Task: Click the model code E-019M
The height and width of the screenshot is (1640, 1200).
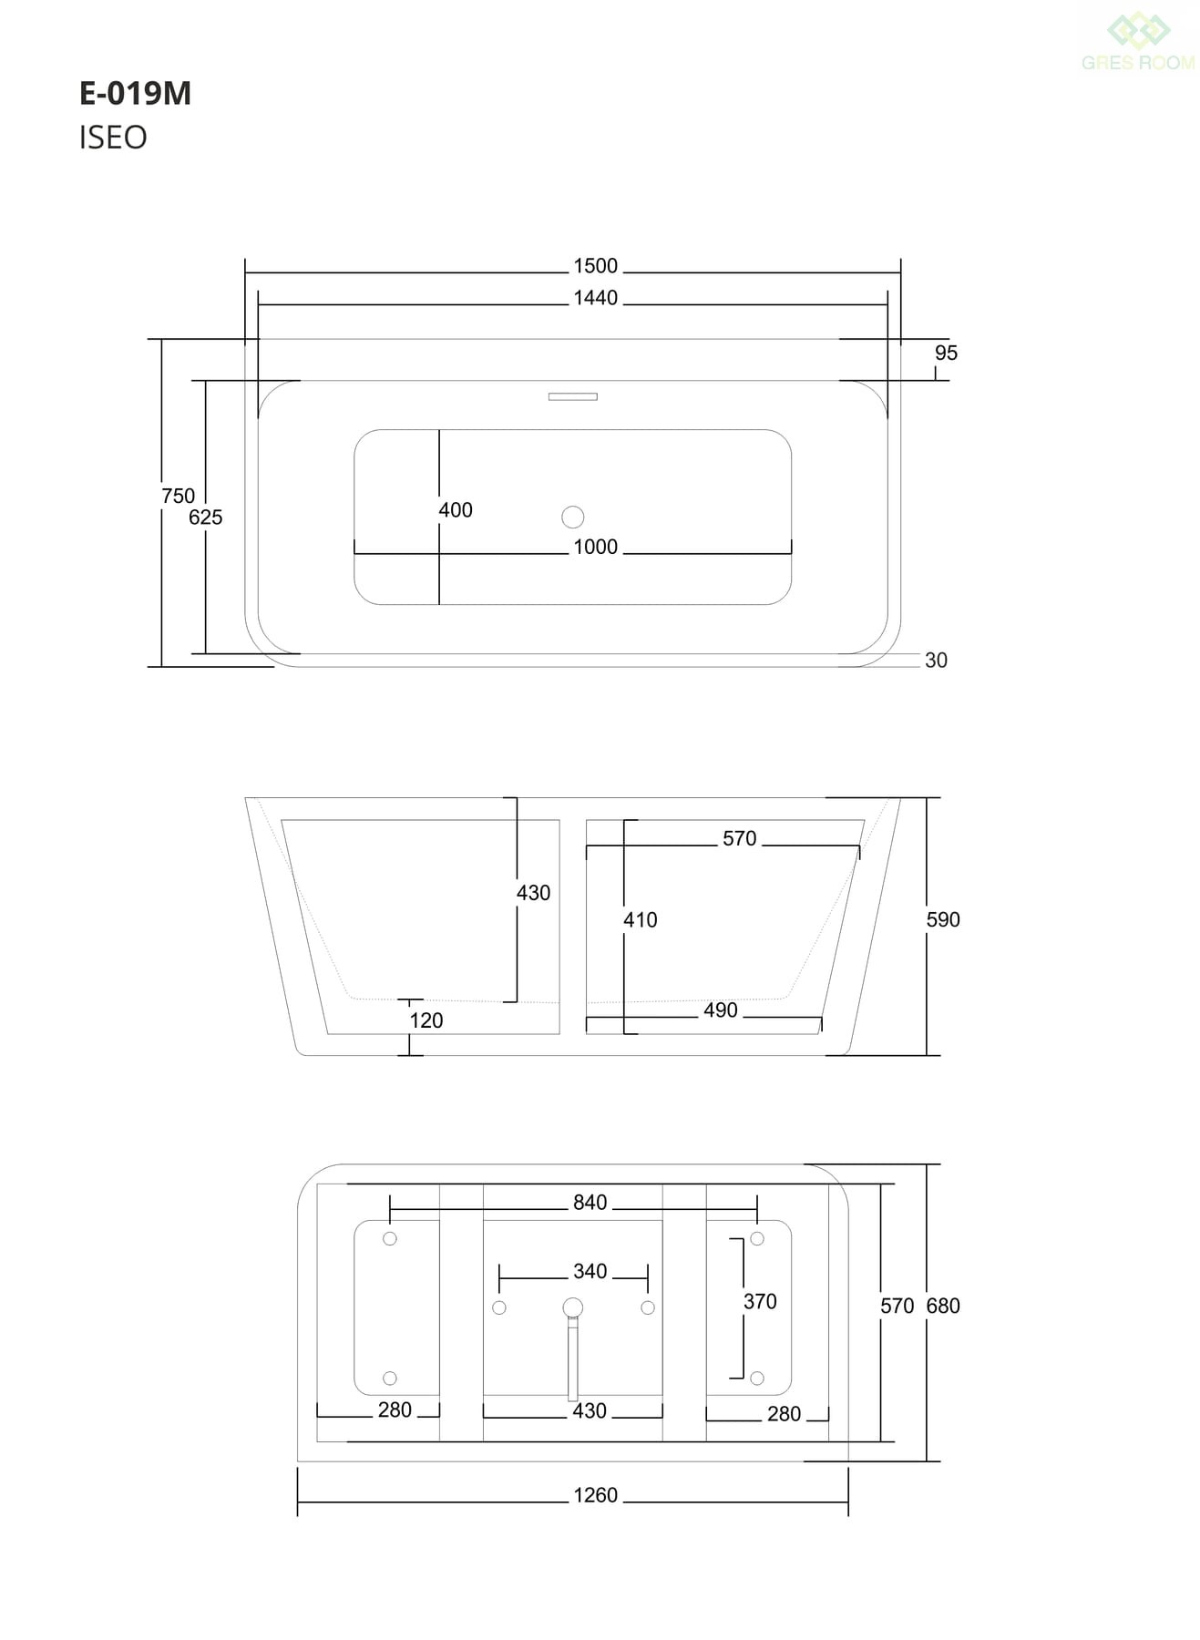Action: [x=135, y=94]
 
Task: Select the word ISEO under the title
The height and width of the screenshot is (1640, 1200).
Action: [x=113, y=138]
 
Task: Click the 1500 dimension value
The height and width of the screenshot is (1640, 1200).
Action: [x=596, y=266]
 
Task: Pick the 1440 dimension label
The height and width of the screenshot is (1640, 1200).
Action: [x=596, y=298]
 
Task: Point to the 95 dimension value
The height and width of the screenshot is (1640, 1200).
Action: [x=946, y=353]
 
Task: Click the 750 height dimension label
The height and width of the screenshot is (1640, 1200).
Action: [x=178, y=496]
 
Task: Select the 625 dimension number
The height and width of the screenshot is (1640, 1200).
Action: [x=205, y=518]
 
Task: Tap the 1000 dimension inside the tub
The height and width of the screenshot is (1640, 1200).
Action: [x=596, y=547]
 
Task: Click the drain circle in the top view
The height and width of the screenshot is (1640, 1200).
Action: [x=573, y=518]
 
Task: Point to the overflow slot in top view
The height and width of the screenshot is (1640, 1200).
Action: [x=573, y=396]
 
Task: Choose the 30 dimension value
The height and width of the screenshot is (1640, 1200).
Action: [x=936, y=661]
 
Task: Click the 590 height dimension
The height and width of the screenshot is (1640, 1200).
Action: [x=943, y=920]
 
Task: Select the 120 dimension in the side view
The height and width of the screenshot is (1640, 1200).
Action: [x=426, y=1020]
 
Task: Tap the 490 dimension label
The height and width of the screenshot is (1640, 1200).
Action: [x=721, y=1010]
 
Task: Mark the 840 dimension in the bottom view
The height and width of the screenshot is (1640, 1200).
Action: [x=590, y=1203]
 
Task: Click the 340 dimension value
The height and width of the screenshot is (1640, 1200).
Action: [x=590, y=1271]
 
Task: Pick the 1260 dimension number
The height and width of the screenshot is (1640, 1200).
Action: [x=596, y=1495]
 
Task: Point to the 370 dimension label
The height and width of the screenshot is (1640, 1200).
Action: [x=760, y=1301]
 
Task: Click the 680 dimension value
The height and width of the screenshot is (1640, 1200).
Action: [x=943, y=1306]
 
